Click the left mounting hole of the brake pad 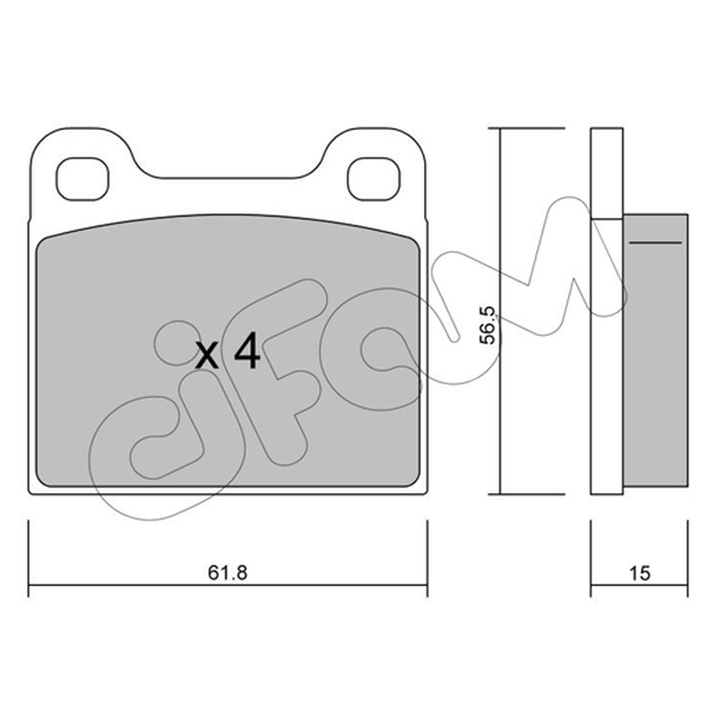click(82, 178)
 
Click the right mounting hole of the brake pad click(374, 178)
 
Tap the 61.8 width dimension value click(228, 573)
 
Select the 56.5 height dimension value click(488, 325)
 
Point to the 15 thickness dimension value click(639, 573)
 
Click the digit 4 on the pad click(247, 350)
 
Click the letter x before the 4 click(207, 356)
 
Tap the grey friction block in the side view click(655, 350)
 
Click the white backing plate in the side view click(607, 311)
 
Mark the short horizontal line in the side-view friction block click(655, 242)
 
